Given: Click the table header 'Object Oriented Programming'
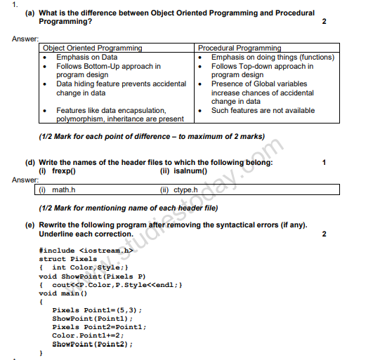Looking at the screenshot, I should pos(93,48).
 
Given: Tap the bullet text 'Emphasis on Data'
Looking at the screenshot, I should pos(87,57).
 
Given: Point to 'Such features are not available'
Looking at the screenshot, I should pos(263,110).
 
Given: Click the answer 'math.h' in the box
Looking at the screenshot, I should pos(64,189).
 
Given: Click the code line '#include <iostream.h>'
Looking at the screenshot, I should pos(86,249).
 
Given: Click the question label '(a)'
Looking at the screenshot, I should pos(30,13).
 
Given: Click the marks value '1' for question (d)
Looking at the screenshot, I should pos(324,162).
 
